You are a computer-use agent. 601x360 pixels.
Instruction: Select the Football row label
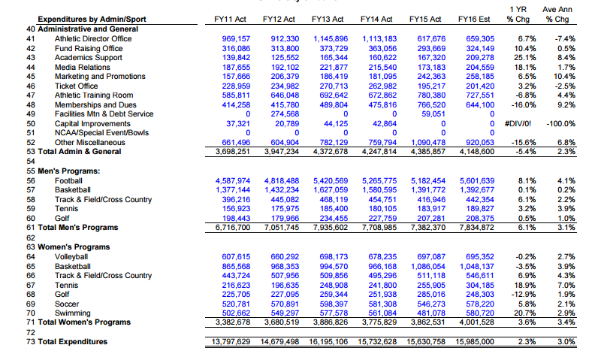[x=68, y=180]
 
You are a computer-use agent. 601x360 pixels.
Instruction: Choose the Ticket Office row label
[x=77, y=86]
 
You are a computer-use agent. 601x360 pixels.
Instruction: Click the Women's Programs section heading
[x=68, y=247]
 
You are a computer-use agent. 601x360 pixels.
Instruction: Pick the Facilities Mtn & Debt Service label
[x=104, y=113]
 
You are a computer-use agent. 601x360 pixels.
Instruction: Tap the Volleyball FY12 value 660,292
[x=282, y=256]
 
